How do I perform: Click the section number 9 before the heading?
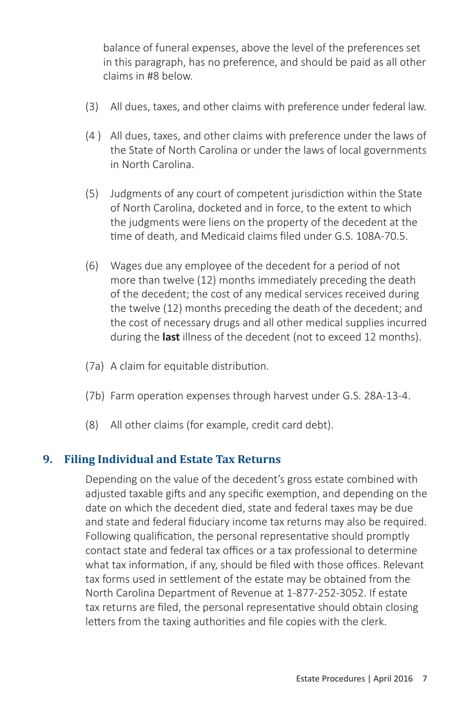[47, 459]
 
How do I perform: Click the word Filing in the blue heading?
[79, 459]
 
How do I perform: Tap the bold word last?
[171, 337]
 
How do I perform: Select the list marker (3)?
[92, 107]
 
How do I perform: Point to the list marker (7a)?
[94, 366]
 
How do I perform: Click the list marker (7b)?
[94, 396]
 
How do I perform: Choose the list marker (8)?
[92, 425]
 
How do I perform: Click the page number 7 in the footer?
[424, 679]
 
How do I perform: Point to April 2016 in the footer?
[393, 679]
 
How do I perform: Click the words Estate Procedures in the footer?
[330, 679]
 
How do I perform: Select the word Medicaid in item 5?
[222, 236]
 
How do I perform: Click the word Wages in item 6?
[126, 266]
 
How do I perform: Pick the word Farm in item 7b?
[122, 396]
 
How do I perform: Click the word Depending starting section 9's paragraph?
[110, 479]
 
